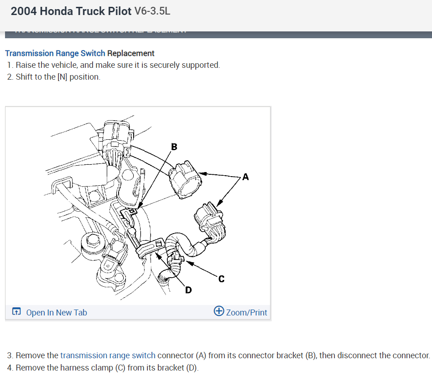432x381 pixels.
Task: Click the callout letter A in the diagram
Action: (x=245, y=177)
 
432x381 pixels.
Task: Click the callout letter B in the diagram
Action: (x=174, y=147)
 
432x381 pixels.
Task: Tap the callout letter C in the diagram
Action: (x=221, y=279)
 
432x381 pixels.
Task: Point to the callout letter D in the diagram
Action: (x=187, y=290)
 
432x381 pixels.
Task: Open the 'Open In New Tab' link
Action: (x=57, y=312)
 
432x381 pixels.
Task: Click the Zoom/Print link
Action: (x=246, y=312)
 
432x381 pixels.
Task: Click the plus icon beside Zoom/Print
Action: (x=219, y=311)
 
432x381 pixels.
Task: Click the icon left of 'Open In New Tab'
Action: (x=16, y=312)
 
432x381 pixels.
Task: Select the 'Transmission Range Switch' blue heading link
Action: (x=55, y=53)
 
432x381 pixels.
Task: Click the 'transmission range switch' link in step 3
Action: (x=108, y=355)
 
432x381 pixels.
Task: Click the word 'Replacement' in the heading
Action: (x=131, y=53)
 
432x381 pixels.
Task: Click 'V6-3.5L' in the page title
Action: (x=152, y=11)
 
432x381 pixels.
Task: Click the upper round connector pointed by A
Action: (x=185, y=178)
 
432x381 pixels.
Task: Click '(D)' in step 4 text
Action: (x=192, y=367)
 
